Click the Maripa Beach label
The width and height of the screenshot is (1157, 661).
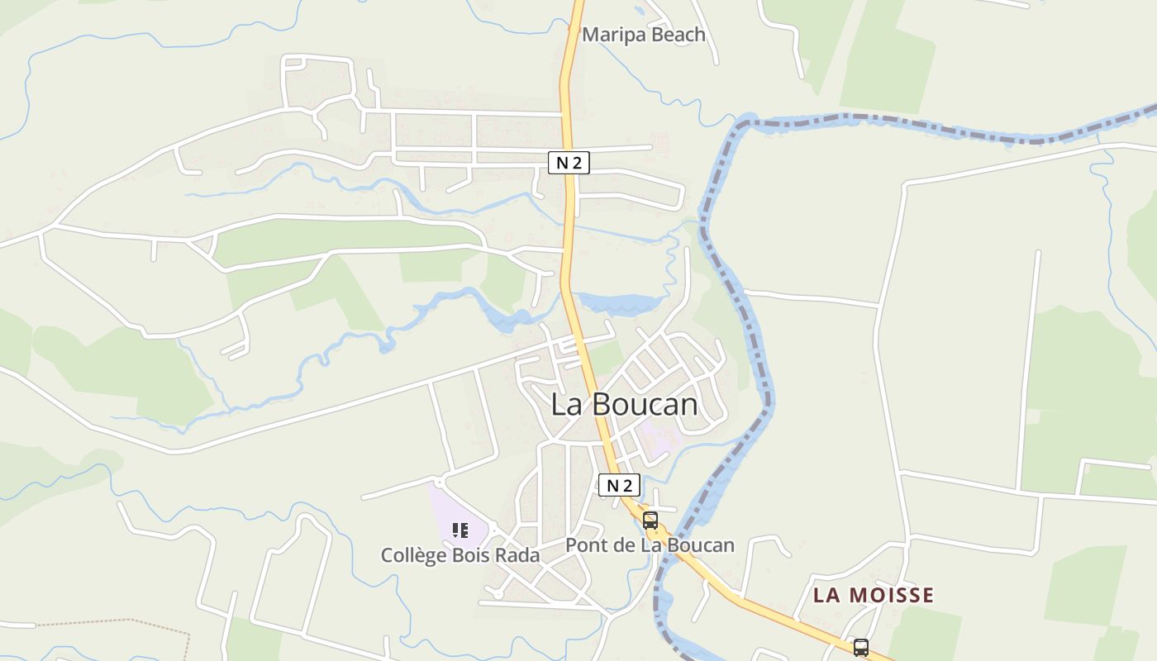(x=644, y=35)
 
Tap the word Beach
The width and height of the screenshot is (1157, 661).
(x=676, y=35)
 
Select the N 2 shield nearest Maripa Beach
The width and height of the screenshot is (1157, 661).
(x=569, y=163)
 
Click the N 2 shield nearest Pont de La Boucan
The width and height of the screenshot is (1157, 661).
(x=619, y=485)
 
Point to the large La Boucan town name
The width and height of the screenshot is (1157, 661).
(x=624, y=405)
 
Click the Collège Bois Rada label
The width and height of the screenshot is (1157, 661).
(x=460, y=555)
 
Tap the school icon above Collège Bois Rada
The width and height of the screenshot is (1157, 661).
(x=460, y=530)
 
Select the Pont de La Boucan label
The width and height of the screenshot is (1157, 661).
(x=650, y=545)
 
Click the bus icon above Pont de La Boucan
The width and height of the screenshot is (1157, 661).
(x=650, y=521)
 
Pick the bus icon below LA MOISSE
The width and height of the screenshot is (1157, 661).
(x=860, y=647)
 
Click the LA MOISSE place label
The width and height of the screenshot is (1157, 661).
(x=874, y=595)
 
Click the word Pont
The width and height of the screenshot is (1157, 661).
(x=584, y=545)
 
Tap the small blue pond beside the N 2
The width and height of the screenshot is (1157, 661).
(x=618, y=303)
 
